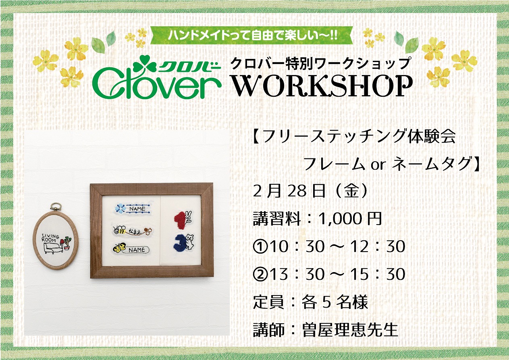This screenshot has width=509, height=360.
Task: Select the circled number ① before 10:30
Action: point(260,247)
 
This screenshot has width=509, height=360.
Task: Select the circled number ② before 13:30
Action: point(260,274)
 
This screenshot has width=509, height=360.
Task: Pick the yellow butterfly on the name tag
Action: point(120,248)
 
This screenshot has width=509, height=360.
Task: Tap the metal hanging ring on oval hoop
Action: point(54,208)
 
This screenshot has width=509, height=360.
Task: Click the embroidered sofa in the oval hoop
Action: point(51,248)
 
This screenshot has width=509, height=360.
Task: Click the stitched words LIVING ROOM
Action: point(49,238)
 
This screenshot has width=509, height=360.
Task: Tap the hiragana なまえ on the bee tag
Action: point(135,231)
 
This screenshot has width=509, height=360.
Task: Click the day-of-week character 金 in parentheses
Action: point(351,191)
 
